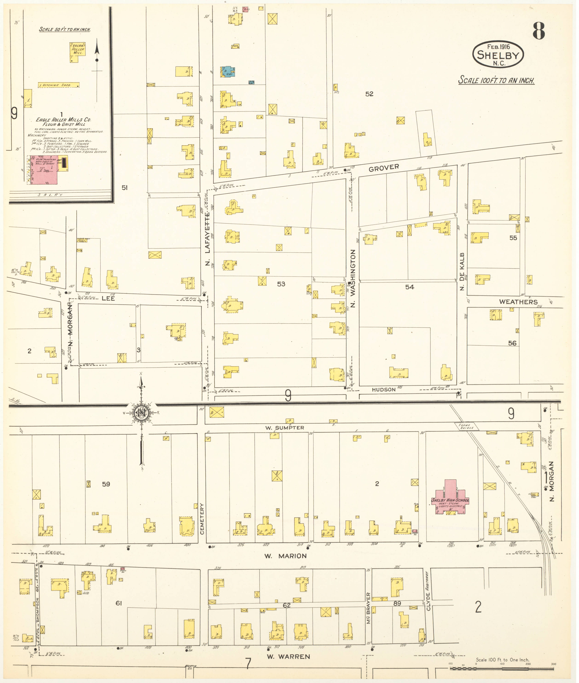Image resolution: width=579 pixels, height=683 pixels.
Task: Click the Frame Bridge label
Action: [468, 426]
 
